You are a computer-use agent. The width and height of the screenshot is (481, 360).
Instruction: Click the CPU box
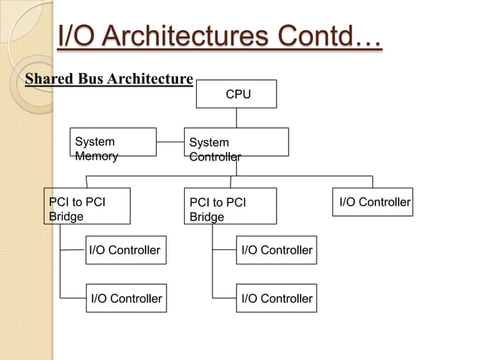(236, 95)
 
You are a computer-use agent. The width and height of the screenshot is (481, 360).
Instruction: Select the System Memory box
(113, 142)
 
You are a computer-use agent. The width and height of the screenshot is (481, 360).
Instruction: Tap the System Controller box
(237, 142)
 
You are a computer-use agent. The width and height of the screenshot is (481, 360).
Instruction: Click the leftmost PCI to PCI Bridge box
(86, 206)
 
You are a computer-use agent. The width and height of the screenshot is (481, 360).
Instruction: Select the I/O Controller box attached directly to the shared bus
(374, 202)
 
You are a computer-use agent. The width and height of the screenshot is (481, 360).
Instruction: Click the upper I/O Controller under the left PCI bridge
(124, 250)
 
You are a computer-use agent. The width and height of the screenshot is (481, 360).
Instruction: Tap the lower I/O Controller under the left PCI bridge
(125, 299)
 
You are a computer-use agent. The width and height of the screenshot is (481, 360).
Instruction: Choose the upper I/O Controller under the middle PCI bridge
(275, 250)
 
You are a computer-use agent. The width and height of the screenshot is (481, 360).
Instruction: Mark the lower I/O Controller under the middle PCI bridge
(275, 299)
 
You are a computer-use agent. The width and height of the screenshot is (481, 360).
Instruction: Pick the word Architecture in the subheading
(151, 78)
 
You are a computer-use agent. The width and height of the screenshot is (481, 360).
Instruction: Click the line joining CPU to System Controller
(236, 118)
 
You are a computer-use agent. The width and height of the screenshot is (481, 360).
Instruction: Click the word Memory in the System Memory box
(97, 157)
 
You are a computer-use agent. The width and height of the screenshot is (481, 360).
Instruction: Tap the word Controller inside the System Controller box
(215, 157)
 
